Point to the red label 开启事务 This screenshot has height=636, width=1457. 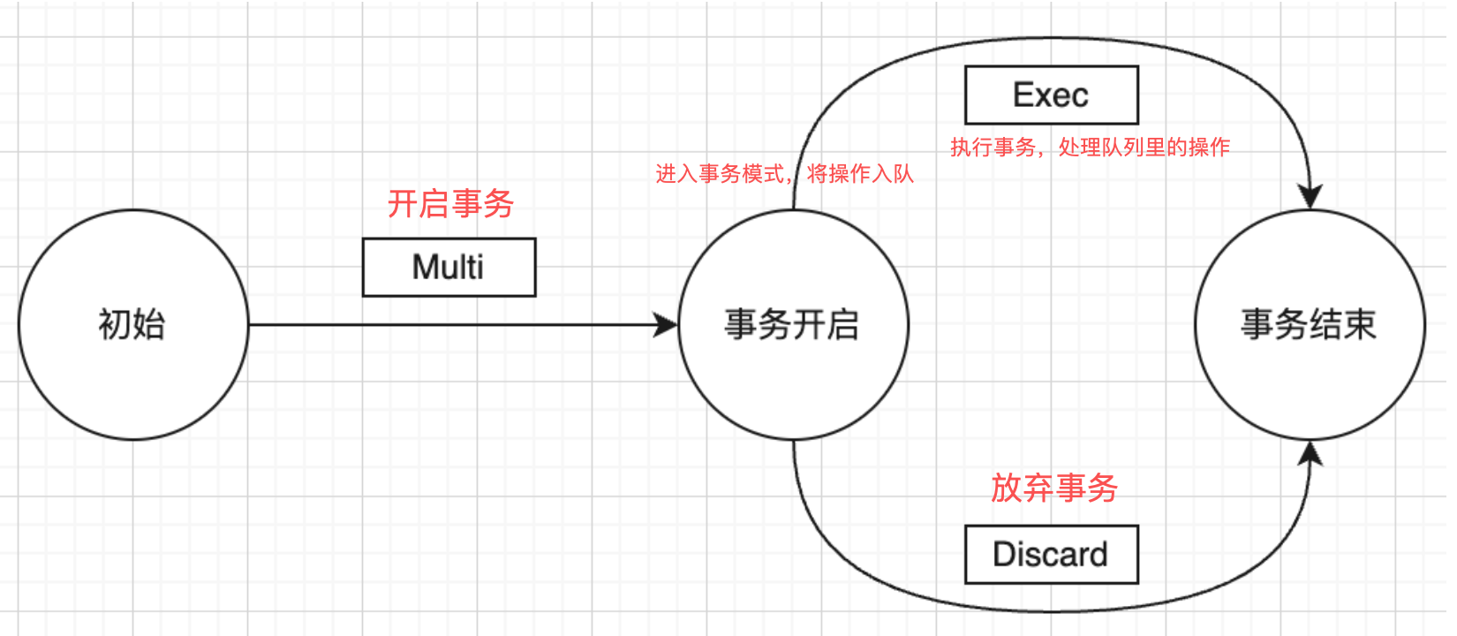click(x=450, y=204)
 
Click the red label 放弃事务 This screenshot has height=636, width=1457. click(x=1054, y=488)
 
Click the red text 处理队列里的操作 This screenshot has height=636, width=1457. click(x=1144, y=148)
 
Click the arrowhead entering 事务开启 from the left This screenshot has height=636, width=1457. click(x=666, y=325)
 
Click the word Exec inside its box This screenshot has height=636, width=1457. click(x=1050, y=95)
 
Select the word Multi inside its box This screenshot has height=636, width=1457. click(x=448, y=267)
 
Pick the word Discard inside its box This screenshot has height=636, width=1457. click(x=1050, y=554)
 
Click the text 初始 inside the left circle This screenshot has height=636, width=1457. click(x=132, y=324)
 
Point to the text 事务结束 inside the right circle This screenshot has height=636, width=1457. click(x=1309, y=324)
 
